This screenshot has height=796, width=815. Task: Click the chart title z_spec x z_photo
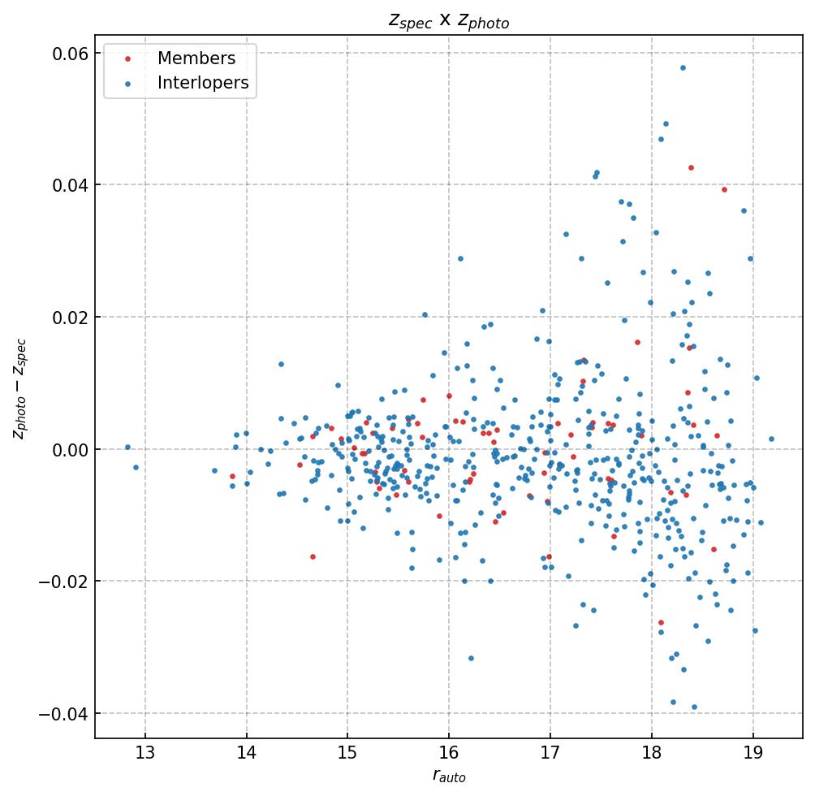tap(449, 20)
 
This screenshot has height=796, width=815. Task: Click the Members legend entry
tap(196, 58)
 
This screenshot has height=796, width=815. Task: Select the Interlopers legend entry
tap(203, 83)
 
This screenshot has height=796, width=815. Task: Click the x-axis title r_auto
tap(449, 777)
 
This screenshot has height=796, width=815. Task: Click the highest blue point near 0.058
tap(683, 67)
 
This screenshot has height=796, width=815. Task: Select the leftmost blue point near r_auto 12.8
tap(127, 447)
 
